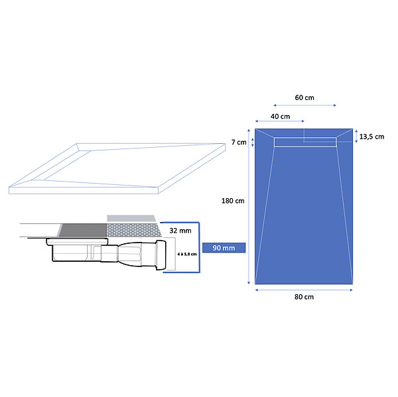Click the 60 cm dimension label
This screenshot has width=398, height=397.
click(304, 97)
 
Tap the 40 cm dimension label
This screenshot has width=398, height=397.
click(280, 117)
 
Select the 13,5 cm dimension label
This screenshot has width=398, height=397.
click(371, 137)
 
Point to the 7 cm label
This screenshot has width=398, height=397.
click(239, 142)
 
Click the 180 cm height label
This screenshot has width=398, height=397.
click(233, 201)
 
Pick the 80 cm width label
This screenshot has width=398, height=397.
click(304, 297)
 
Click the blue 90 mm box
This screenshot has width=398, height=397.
click(224, 248)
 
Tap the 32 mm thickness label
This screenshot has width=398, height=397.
click(180, 231)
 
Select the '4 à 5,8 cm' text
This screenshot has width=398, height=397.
click(187, 254)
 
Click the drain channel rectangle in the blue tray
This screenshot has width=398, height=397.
click(305, 142)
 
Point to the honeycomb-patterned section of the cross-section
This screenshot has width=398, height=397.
click(134, 231)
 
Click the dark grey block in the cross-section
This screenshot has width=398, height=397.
click(84, 230)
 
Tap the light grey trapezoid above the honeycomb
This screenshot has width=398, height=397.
click(131, 218)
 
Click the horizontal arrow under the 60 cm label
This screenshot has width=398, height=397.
click(304, 105)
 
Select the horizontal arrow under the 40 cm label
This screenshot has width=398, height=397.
click(279, 121)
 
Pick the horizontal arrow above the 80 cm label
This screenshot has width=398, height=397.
click(304, 290)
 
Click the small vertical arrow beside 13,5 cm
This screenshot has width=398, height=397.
click(356, 137)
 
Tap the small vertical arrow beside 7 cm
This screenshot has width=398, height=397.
click(252, 142)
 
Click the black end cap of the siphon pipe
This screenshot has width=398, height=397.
click(161, 255)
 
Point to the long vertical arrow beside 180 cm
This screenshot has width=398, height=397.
click(249, 207)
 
